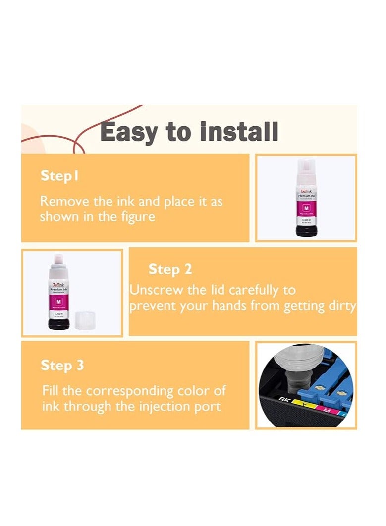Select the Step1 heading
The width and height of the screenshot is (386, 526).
[59, 176]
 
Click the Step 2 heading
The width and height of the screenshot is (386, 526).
[170, 269]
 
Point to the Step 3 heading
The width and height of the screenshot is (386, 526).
[62, 366]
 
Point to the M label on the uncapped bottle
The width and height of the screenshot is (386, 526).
[58, 302]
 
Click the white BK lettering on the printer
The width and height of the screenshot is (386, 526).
[283, 399]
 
